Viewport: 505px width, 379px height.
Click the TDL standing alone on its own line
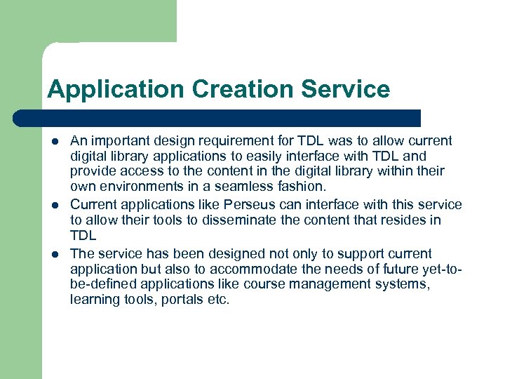pos(83,237)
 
